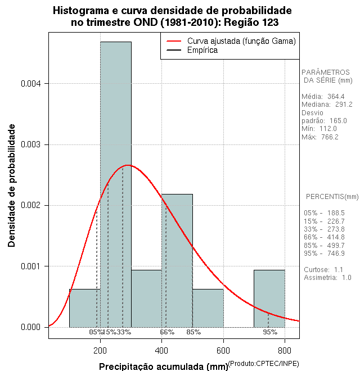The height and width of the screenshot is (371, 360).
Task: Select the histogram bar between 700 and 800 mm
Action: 269,298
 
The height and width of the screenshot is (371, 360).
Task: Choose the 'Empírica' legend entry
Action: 202,50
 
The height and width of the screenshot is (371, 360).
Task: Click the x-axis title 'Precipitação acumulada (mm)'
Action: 163,367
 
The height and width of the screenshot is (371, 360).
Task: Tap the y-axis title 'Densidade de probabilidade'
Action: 12,186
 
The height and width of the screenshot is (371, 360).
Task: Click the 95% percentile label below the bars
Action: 270,332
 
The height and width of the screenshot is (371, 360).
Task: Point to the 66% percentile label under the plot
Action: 168,332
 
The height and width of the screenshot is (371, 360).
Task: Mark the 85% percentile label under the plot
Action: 193,332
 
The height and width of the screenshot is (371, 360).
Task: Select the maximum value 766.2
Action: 327,137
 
